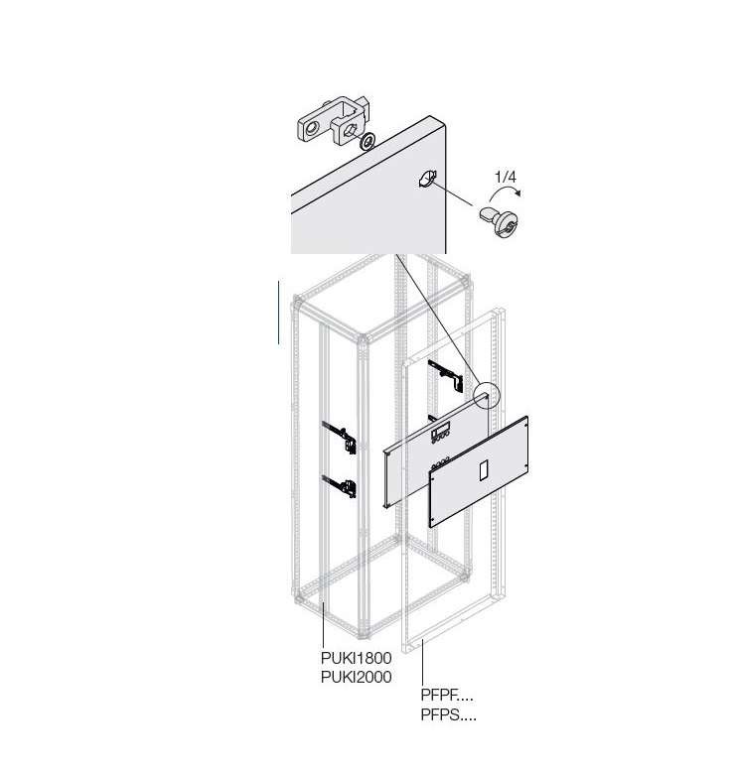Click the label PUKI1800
(357, 658)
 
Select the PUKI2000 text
(357, 677)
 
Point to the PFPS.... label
(449, 714)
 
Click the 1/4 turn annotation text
(506, 177)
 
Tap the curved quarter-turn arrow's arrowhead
(517, 193)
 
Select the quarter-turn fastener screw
(499, 222)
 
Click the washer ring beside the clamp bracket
(368, 141)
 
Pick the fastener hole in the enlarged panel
(427, 179)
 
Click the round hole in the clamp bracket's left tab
(312, 129)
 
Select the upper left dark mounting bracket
(340, 437)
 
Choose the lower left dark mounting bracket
(340, 486)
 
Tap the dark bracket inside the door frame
(446, 376)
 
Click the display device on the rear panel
(441, 433)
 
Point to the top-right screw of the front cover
(525, 421)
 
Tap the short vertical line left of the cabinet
(278, 313)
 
